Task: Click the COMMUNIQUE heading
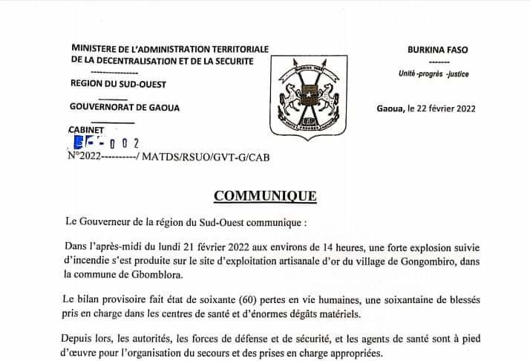pyautogui.click(x=264, y=196)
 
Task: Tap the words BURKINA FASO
pyautogui.click(x=437, y=49)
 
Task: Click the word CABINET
pyautogui.click(x=88, y=130)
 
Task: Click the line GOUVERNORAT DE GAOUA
pyautogui.click(x=124, y=108)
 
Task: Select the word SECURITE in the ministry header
pyautogui.click(x=229, y=60)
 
